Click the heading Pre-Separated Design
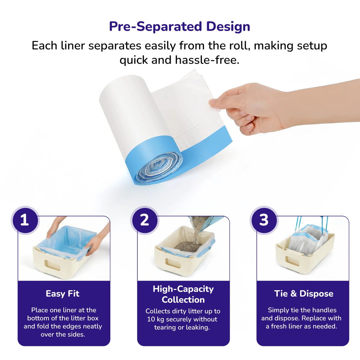pyautogui.click(x=180, y=27)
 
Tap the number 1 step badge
pyautogui.click(x=25, y=220)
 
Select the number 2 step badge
pyautogui.click(x=144, y=220)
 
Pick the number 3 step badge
pyautogui.click(x=264, y=220)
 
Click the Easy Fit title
pyautogui.click(x=63, y=294)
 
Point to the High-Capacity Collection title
pyautogui.click(x=183, y=294)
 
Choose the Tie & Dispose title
pyautogui.click(x=304, y=294)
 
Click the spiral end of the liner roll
pyautogui.click(x=158, y=167)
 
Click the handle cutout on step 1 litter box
pyautogui.click(x=52, y=265)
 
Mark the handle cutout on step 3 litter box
pyautogui.click(x=292, y=261)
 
